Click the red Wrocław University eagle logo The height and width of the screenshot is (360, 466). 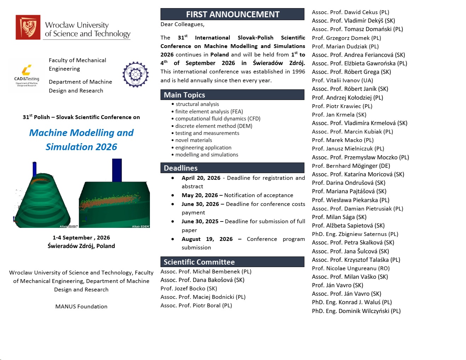(x=28, y=27)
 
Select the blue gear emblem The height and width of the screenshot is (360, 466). (x=135, y=75)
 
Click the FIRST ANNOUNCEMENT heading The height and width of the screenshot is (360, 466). (x=232, y=14)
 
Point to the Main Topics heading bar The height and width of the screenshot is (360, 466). (x=232, y=95)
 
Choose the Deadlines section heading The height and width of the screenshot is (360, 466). (x=232, y=168)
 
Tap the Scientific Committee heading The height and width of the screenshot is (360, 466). (x=232, y=262)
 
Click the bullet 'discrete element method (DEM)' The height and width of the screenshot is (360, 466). (x=214, y=126)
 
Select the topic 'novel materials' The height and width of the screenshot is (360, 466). (x=193, y=140)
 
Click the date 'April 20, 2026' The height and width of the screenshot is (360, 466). (x=201, y=178)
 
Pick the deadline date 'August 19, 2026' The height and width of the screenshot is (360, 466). (x=207, y=239)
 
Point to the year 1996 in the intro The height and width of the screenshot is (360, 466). (x=298, y=72)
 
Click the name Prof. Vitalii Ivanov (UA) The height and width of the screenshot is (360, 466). (x=342, y=81)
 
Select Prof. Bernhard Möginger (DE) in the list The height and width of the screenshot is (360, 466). (x=351, y=166)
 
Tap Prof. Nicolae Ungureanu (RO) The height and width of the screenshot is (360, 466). (x=350, y=268)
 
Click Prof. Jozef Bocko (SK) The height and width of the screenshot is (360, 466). (x=188, y=289)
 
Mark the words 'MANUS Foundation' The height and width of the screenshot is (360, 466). (x=81, y=307)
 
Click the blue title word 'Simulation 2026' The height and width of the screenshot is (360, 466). (x=81, y=147)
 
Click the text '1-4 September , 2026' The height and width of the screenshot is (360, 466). (x=81, y=238)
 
